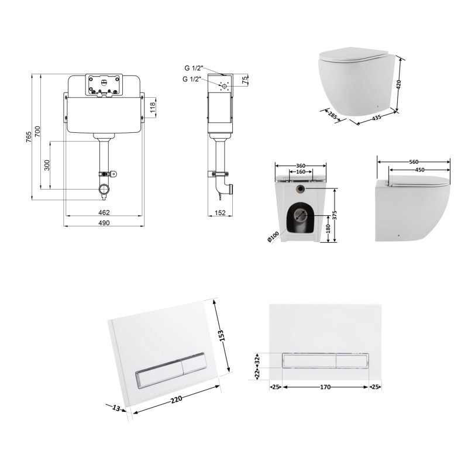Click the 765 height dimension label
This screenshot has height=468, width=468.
click(x=28, y=137)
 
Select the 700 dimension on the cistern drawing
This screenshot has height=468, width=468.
click(x=37, y=132)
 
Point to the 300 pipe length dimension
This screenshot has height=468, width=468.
click(x=47, y=165)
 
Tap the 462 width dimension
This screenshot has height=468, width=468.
click(x=104, y=212)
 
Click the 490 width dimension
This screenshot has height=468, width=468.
click(x=104, y=223)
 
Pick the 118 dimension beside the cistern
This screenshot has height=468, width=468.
click(x=153, y=108)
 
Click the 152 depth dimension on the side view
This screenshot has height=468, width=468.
click(x=220, y=213)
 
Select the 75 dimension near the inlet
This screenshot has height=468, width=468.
click(x=245, y=80)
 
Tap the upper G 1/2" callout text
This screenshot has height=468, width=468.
click(x=194, y=68)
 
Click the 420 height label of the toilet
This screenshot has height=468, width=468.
click(x=399, y=84)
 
